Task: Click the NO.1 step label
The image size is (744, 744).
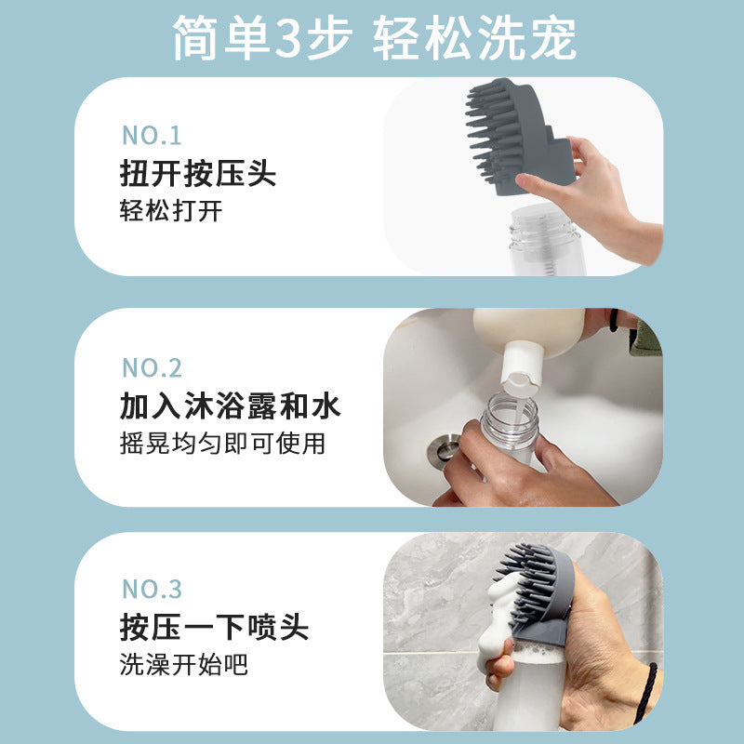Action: [x=152, y=136]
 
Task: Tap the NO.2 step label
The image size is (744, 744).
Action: [x=153, y=367]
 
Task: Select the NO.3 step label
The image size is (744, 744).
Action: [x=153, y=589]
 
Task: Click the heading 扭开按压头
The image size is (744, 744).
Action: [x=198, y=174]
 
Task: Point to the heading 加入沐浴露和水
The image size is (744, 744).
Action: [x=231, y=406]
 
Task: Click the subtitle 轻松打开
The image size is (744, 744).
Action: [x=171, y=211]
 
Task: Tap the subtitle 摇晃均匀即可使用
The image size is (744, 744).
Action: [x=222, y=444]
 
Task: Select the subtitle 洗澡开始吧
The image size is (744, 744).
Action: [x=184, y=664]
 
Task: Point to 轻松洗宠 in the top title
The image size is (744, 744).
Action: [x=474, y=39]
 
